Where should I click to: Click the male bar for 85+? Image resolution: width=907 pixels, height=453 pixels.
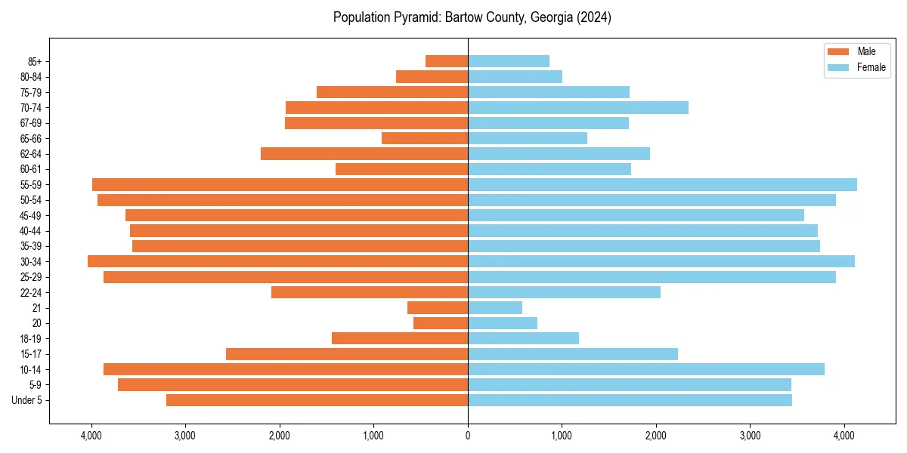tap(447, 61)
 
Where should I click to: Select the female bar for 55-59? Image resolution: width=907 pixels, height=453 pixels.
tap(662, 184)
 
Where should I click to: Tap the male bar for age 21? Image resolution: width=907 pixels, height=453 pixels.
tap(438, 307)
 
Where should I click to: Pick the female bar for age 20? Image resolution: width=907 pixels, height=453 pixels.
tap(503, 323)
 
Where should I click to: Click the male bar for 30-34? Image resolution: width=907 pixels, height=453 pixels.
tap(278, 261)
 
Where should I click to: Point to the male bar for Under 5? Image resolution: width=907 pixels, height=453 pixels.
tap(317, 400)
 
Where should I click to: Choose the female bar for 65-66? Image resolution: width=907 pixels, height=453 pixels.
tap(528, 138)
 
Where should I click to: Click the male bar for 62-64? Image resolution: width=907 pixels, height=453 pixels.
tap(364, 153)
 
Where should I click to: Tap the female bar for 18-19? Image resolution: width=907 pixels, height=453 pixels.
tap(523, 338)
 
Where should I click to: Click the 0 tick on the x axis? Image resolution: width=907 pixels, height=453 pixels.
tap(468, 436)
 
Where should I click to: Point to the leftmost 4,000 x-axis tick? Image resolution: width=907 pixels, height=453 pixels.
tap(91, 436)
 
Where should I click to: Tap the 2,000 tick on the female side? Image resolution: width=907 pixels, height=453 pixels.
tap(656, 436)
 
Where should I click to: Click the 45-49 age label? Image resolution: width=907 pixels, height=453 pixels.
tap(31, 215)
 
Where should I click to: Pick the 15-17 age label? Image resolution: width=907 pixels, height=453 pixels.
tap(31, 354)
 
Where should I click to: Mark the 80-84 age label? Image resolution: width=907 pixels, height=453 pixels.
tap(31, 76)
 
